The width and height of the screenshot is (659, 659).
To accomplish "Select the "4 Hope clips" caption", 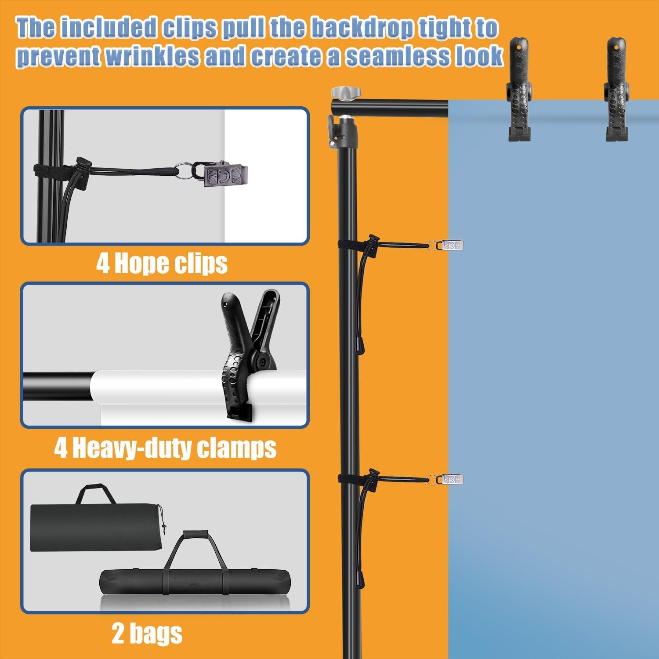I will tap(162, 264).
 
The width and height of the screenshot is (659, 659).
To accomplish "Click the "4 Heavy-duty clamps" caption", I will tap(165, 448).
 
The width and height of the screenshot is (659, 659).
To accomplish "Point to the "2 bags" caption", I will tap(147, 634).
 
